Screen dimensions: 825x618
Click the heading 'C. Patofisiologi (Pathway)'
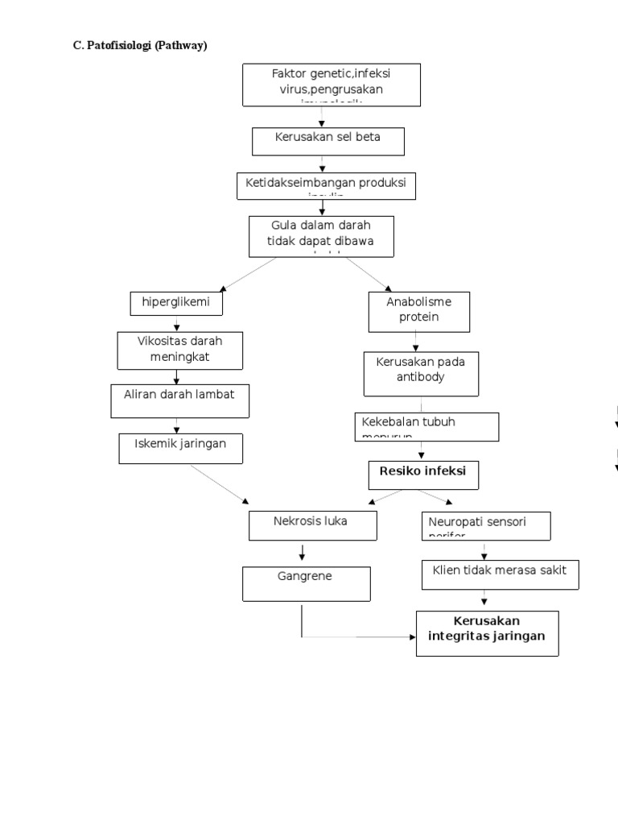coord(140,46)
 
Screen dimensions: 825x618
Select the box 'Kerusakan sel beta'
coord(328,141)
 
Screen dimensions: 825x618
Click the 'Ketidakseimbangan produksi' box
coord(326,185)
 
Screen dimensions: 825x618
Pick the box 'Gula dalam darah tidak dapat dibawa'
coord(321,235)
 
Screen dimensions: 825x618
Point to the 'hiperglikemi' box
coord(175,303)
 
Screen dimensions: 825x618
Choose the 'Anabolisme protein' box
coord(418,312)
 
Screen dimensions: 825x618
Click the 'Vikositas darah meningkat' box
coord(179,350)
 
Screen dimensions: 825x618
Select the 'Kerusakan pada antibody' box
coord(420,373)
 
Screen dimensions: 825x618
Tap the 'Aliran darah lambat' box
coord(179,400)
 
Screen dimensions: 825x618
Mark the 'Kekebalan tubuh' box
coord(426,426)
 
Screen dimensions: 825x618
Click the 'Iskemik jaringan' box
coord(180,448)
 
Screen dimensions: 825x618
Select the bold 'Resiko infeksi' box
coord(423,475)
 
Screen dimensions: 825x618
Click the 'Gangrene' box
coord(307,583)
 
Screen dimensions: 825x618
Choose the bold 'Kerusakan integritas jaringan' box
coord(487,632)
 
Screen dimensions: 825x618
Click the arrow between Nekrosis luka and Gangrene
coord(302,553)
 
